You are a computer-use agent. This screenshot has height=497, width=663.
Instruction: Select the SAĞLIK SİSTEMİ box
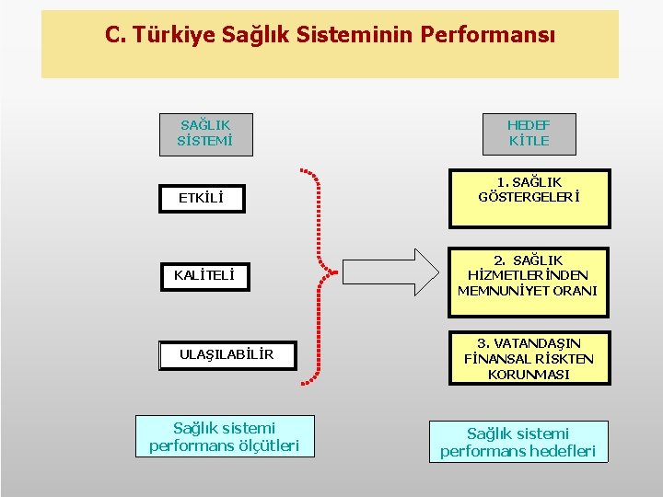click(x=205, y=133)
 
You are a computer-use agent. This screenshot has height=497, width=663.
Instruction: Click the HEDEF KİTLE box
click(x=529, y=133)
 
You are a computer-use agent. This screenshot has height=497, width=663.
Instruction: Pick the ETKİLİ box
click(x=201, y=198)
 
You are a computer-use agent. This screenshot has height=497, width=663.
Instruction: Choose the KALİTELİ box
click(x=204, y=275)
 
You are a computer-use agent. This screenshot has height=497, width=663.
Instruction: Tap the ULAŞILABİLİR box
click(x=227, y=354)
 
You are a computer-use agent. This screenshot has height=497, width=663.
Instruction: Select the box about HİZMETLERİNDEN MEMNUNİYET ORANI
click(x=528, y=275)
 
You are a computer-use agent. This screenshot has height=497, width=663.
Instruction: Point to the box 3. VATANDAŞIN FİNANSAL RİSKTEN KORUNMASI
click(x=529, y=359)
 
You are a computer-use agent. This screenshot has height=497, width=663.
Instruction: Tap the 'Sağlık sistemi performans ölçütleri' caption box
click(x=224, y=436)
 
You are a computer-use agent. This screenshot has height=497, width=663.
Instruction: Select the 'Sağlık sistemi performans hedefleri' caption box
click(x=518, y=442)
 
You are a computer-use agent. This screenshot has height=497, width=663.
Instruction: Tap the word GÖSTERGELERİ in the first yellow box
click(x=529, y=197)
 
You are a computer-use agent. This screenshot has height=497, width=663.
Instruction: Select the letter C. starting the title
click(x=115, y=35)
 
